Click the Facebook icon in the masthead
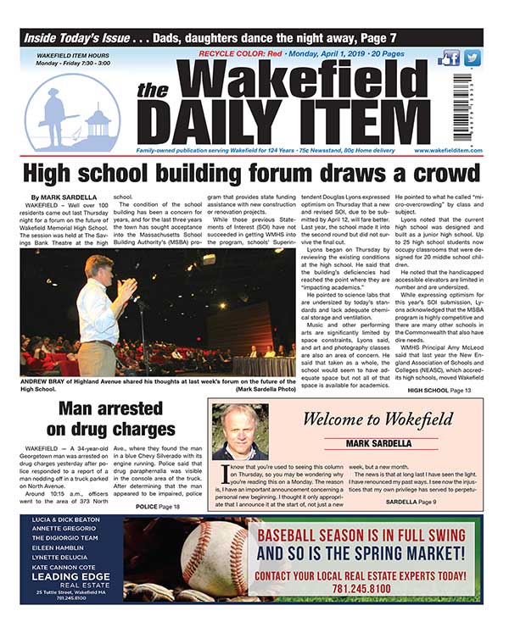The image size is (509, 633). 450,58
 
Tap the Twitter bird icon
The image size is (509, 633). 472,58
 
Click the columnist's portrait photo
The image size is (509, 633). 240,431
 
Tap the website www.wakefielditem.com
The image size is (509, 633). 448,151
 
